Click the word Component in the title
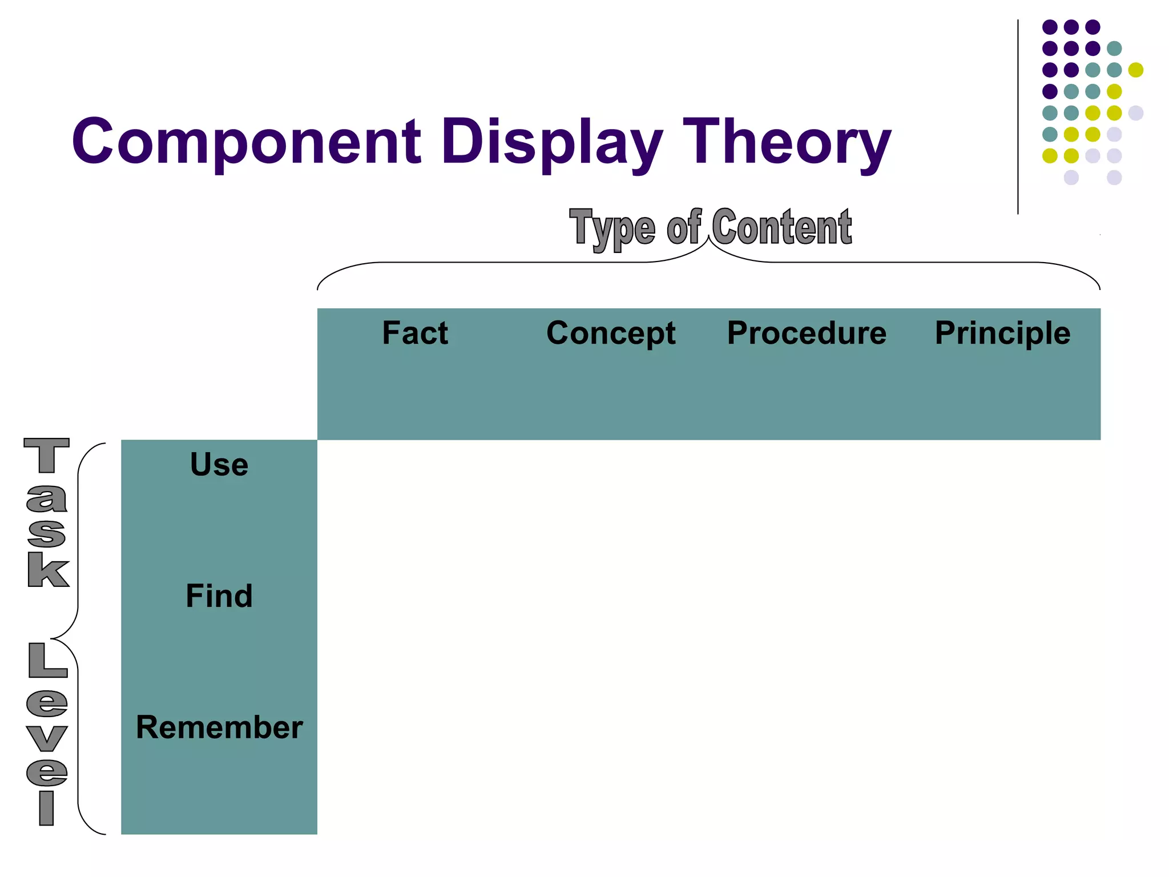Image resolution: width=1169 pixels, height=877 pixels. pyautogui.click(x=247, y=142)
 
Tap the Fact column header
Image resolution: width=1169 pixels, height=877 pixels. pyautogui.click(x=415, y=333)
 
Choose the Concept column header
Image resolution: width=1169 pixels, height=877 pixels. pyautogui.click(x=611, y=333)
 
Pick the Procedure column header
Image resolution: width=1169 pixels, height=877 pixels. pyautogui.click(x=807, y=333)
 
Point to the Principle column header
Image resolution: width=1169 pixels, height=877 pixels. pyautogui.click(x=1002, y=333)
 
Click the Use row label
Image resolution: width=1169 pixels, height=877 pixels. pyautogui.click(x=219, y=464)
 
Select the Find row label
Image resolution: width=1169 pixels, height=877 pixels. pyautogui.click(x=219, y=596)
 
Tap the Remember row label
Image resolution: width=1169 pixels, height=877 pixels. pyautogui.click(x=219, y=727)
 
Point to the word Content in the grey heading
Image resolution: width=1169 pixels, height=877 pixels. pyautogui.click(x=782, y=227)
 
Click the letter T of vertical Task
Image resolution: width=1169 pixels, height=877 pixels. pyautogui.click(x=47, y=455)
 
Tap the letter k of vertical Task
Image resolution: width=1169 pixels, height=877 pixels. pyautogui.click(x=48, y=569)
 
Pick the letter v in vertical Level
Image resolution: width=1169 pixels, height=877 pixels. pyautogui.click(x=47, y=739)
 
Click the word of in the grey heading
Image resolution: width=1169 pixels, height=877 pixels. pyautogui.click(x=684, y=227)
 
